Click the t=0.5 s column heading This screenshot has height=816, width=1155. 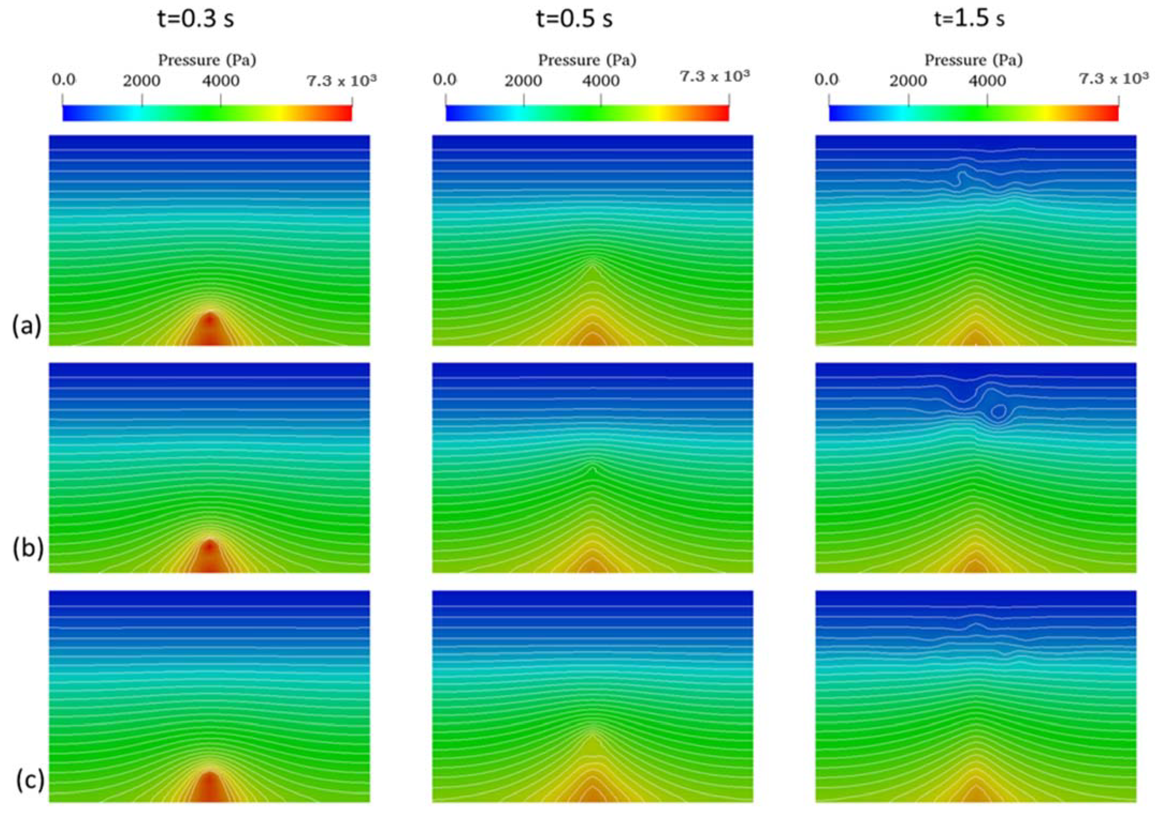click(574, 19)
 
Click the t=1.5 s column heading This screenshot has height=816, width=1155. click(969, 19)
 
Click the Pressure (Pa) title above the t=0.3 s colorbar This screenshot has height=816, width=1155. click(207, 60)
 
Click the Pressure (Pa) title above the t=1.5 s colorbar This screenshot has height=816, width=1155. click(973, 60)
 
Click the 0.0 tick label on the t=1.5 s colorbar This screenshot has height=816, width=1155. click(826, 80)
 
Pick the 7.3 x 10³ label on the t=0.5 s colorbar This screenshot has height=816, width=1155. click(714, 76)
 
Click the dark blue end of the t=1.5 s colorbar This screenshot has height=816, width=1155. click(835, 114)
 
